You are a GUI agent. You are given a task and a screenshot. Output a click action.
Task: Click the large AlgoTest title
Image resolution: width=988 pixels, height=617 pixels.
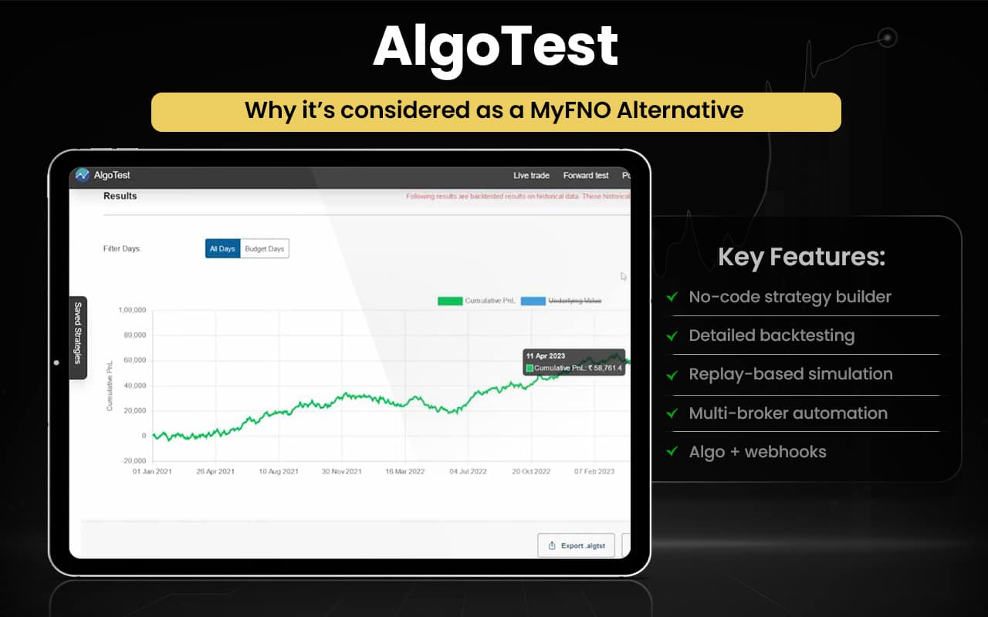tap(495, 47)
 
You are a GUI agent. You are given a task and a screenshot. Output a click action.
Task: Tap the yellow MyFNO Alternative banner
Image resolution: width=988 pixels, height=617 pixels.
tap(495, 111)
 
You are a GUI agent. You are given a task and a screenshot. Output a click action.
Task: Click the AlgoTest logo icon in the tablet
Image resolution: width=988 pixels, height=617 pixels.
tap(83, 175)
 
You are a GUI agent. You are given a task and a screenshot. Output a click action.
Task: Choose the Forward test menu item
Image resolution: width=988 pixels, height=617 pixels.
tap(585, 176)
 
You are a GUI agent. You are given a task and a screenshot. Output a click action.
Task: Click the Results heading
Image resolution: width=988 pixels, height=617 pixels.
tap(120, 196)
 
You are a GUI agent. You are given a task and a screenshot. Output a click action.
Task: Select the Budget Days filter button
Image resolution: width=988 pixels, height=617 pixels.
tap(265, 248)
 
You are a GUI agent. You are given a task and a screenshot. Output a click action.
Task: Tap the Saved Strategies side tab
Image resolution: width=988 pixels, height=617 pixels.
tap(78, 337)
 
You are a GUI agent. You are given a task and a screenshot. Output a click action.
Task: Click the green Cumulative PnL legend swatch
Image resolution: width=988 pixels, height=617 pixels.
tap(449, 301)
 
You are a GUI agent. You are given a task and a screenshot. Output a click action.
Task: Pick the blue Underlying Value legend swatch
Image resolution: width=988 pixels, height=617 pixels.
tap(533, 301)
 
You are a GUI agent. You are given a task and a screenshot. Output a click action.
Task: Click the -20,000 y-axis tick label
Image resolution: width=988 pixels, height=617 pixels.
tap(132, 461)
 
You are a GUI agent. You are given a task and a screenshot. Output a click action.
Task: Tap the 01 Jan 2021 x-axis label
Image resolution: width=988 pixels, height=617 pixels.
tap(153, 471)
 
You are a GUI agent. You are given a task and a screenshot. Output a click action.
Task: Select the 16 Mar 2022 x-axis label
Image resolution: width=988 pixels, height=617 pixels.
tap(405, 471)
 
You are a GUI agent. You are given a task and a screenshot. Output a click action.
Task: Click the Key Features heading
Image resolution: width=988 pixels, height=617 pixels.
tap(801, 257)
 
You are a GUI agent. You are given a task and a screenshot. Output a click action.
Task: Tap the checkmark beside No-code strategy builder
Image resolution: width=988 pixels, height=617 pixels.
tap(673, 296)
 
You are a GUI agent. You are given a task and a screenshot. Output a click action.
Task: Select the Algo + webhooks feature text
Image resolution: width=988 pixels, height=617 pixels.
tap(757, 452)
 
